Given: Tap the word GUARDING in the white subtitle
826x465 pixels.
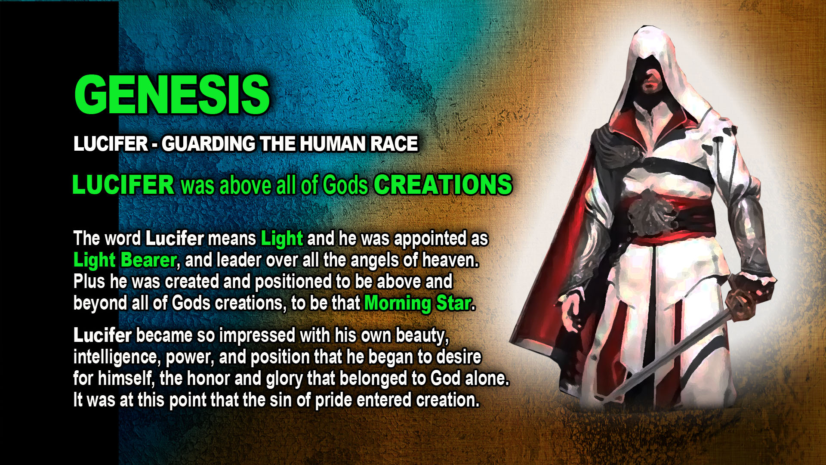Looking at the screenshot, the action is (x=208, y=144).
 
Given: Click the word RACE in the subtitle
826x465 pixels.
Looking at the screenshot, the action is (x=394, y=144).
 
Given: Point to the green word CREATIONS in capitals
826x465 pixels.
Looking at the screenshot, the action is (x=443, y=185).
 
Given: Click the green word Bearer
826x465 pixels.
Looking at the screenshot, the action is (x=148, y=260).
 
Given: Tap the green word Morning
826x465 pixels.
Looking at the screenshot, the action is (x=398, y=304).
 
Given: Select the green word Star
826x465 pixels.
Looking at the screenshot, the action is (x=454, y=304).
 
